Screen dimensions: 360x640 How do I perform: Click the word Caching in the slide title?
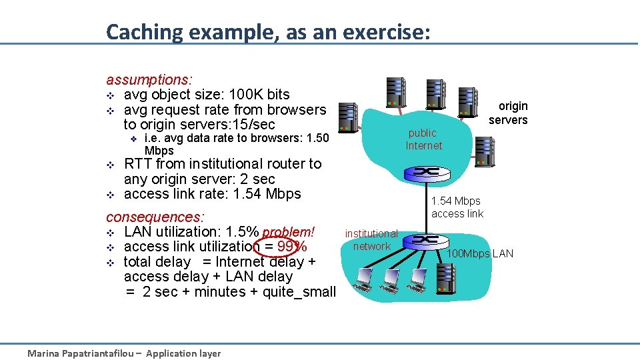pyautogui.click(x=143, y=31)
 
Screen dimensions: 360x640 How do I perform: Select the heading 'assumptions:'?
pyautogui.click(x=149, y=80)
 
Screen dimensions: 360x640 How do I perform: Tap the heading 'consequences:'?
pyautogui.click(x=155, y=217)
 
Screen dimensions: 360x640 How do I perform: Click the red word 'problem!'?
pyautogui.click(x=288, y=232)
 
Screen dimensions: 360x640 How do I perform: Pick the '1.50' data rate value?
pyautogui.click(x=315, y=139)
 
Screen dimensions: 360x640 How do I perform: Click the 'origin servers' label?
pyautogui.click(x=509, y=113)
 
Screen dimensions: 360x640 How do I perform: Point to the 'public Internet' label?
pyautogui.click(x=423, y=139)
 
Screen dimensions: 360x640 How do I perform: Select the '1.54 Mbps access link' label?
pyautogui.click(x=457, y=207)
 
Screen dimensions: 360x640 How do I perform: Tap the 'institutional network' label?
pyautogui.click(x=371, y=240)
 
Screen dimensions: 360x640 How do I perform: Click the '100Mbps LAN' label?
pyautogui.click(x=479, y=253)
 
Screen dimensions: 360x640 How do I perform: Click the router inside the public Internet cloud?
pyautogui.click(x=424, y=172)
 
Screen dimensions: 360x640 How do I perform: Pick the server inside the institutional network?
pyautogui.click(x=444, y=279)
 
